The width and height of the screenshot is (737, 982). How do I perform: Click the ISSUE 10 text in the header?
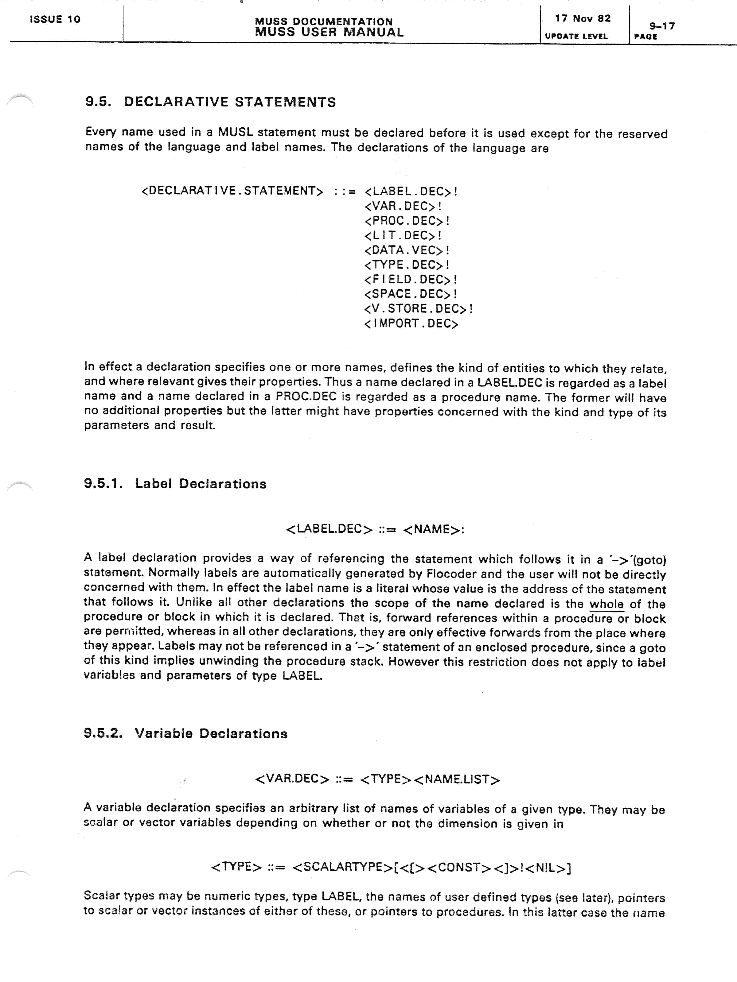point(55,19)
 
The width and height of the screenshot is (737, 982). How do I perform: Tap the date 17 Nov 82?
point(583,18)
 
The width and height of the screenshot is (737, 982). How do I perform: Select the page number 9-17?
point(662,26)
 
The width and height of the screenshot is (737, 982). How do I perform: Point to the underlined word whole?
point(606,604)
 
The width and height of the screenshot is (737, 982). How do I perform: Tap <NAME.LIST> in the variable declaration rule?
point(457,779)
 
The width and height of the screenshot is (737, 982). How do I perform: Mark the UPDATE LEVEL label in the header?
point(576,37)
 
